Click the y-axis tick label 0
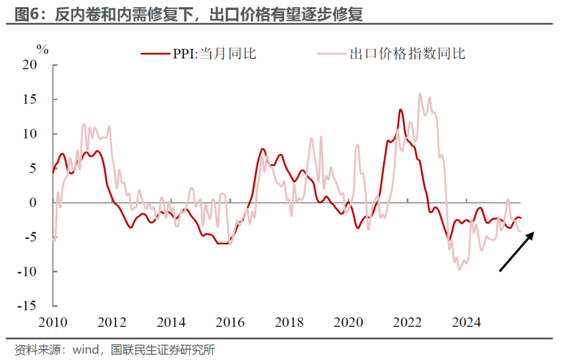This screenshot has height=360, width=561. (x=42, y=203)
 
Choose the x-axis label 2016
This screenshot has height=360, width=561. (x=231, y=322)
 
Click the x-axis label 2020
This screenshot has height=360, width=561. (x=349, y=322)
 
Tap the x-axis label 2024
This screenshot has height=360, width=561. (x=466, y=322)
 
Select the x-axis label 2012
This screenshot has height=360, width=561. (x=113, y=322)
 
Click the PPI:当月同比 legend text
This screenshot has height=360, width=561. (x=215, y=53)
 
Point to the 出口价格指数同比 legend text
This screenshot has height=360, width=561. (x=408, y=53)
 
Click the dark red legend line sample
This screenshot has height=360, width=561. (x=155, y=53)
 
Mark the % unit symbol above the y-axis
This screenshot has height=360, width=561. (x=43, y=50)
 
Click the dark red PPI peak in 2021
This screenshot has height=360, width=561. (x=400, y=110)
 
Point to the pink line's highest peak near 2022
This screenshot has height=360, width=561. (x=420, y=94)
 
